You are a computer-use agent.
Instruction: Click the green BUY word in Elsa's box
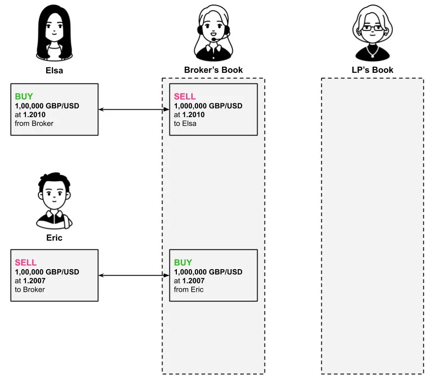point(24,97)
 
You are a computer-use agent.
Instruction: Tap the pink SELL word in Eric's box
point(26,263)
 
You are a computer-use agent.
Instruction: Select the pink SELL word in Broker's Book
point(185,97)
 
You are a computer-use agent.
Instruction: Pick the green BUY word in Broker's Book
point(183,263)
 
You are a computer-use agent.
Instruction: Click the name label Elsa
point(54,71)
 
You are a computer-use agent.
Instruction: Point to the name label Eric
point(54,238)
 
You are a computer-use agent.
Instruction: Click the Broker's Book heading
point(213,70)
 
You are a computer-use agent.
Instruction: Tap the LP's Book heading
point(372,70)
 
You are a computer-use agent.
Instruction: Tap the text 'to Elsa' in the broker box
point(185,123)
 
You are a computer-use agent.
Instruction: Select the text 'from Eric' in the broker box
point(189,289)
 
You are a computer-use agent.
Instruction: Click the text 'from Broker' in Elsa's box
point(34,123)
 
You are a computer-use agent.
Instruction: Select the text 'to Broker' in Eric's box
point(30,289)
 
